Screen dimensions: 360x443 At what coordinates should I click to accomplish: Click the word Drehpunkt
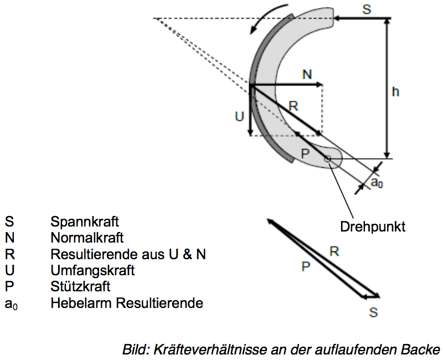pyautogui.click(x=373, y=227)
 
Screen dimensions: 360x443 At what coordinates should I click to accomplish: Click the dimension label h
pyautogui.click(x=395, y=92)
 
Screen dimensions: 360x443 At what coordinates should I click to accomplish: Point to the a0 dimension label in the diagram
pyautogui.click(x=376, y=182)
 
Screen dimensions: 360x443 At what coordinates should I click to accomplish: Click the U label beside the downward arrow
pyautogui.click(x=239, y=117)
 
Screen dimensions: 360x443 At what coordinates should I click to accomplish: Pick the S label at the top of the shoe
pyautogui.click(x=367, y=9)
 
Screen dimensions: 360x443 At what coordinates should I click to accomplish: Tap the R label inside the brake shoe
pyautogui.click(x=293, y=106)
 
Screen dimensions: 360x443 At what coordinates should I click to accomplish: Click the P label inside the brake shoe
pyautogui.click(x=304, y=153)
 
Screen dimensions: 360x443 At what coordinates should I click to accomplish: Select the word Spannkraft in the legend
pyautogui.click(x=85, y=222)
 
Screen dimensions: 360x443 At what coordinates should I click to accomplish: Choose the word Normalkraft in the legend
pyautogui.click(x=87, y=238)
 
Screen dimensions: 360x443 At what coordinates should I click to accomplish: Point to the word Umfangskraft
pyautogui.click(x=92, y=271)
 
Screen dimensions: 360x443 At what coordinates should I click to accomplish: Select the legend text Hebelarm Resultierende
pyautogui.click(x=127, y=303)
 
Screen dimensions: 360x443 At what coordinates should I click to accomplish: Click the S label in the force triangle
pyautogui.click(x=373, y=313)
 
